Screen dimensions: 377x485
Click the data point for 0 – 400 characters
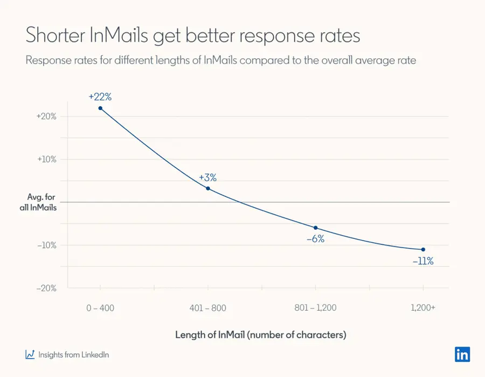(x=100, y=108)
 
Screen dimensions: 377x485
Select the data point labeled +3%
(x=208, y=188)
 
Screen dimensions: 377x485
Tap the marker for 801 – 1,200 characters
(x=316, y=228)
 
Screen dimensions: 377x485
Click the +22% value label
(x=100, y=97)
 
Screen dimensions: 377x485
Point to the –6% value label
(x=315, y=239)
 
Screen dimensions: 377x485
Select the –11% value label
(x=423, y=261)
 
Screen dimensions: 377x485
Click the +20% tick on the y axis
(x=46, y=116)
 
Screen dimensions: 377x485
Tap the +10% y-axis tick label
(x=46, y=159)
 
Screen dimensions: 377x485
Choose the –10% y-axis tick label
(x=46, y=245)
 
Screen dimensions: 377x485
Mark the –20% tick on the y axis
(x=46, y=288)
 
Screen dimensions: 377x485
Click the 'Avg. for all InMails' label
(x=41, y=202)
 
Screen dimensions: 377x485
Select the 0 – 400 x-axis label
(x=100, y=308)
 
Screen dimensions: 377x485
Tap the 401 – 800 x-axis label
(x=208, y=308)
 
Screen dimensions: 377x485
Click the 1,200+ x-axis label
(x=423, y=308)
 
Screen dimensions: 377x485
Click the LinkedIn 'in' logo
(x=462, y=354)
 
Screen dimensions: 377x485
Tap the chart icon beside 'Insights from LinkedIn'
(x=30, y=354)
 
